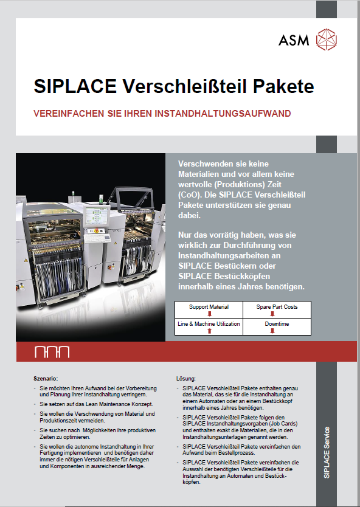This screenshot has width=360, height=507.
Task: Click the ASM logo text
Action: click(x=294, y=41)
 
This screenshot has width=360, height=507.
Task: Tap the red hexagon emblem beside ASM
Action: click(x=327, y=41)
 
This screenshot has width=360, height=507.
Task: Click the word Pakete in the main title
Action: click(x=283, y=86)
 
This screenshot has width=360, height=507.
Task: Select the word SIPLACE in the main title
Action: click(x=75, y=86)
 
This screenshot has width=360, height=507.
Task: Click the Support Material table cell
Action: click(x=209, y=307)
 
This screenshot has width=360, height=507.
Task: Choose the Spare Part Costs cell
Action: click(x=277, y=307)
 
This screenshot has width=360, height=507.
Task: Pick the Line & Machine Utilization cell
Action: click(x=209, y=325)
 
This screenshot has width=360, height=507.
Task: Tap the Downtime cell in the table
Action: click(x=277, y=325)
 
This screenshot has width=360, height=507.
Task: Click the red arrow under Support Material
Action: click(x=209, y=314)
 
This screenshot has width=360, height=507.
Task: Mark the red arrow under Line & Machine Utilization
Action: click(x=209, y=331)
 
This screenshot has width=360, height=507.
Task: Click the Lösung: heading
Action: click(x=185, y=378)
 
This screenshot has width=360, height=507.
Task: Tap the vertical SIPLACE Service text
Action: click(x=327, y=454)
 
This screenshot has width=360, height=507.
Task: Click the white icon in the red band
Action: click(x=52, y=352)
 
